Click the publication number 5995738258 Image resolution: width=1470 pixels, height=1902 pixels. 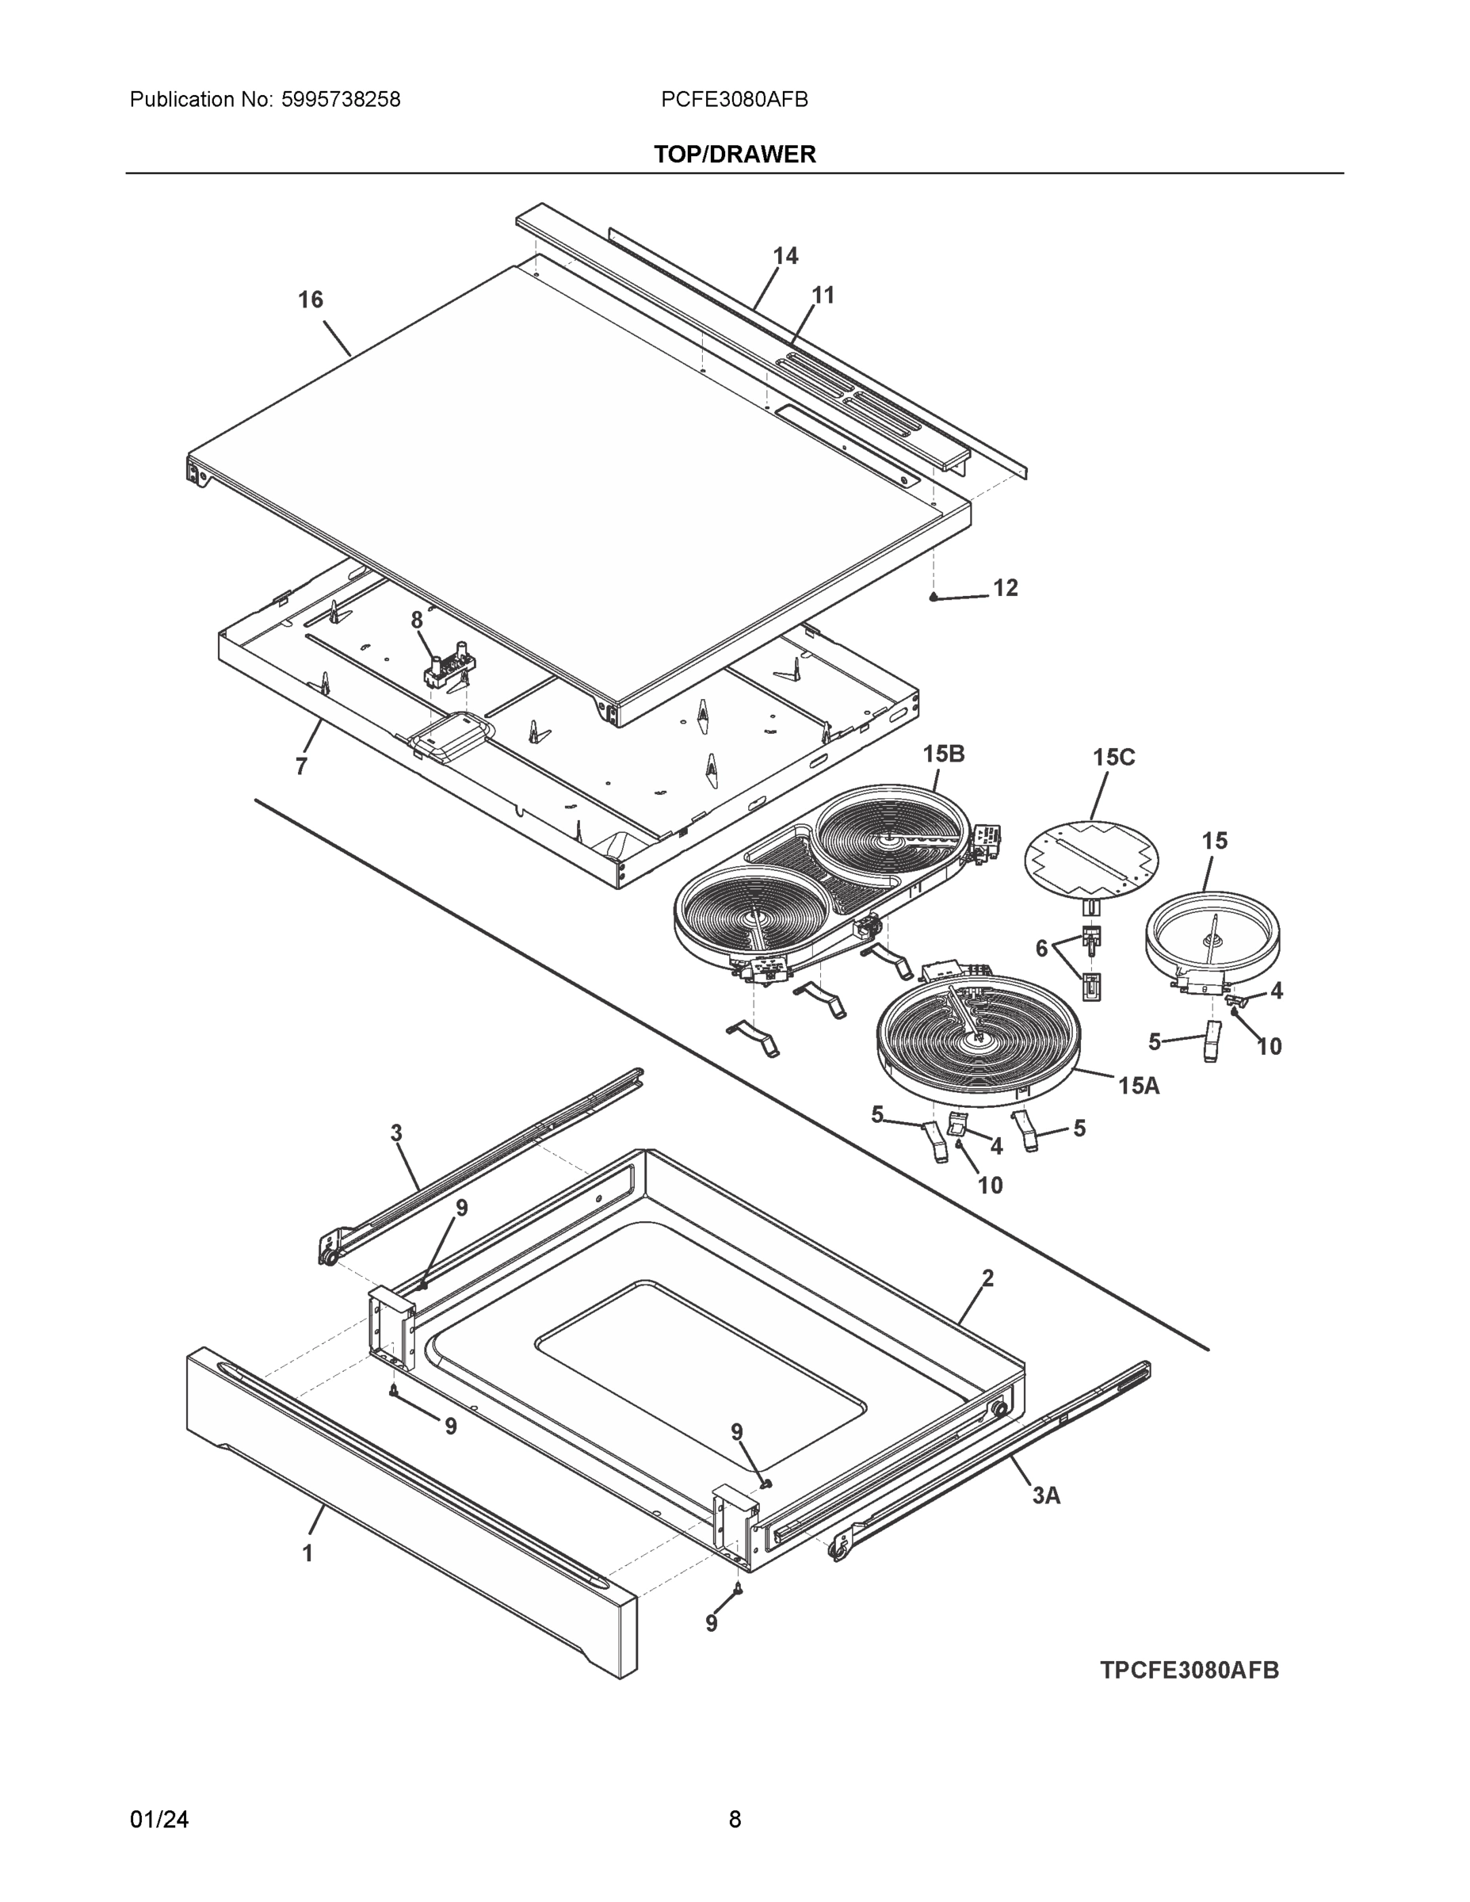(x=341, y=100)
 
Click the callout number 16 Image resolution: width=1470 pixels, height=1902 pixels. (x=310, y=300)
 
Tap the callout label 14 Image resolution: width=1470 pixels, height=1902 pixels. (x=785, y=256)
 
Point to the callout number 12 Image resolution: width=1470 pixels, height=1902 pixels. (x=1005, y=588)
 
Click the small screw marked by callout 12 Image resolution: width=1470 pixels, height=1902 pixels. (x=933, y=598)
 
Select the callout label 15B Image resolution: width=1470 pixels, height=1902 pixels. (x=943, y=754)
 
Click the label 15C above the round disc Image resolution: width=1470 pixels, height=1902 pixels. (x=1114, y=758)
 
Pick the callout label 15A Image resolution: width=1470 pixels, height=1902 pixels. (x=1138, y=1086)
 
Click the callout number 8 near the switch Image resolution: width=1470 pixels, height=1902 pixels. (x=416, y=620)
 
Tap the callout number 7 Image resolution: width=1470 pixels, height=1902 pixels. (x=301, y=767)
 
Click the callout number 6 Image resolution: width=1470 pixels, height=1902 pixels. (x=1040, y=949)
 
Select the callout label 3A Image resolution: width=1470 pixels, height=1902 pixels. (x=1046, y=1496)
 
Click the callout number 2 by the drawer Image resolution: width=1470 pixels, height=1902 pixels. (x=987, y=1278)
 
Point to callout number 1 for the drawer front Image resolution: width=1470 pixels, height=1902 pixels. (x=307, y=1553)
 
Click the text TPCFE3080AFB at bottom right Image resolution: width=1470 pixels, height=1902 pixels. (x=1189, y=1671)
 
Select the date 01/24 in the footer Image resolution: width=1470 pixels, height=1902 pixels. (x=159, y=1820)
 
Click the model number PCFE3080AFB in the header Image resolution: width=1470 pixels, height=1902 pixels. (x=734, y=100)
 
